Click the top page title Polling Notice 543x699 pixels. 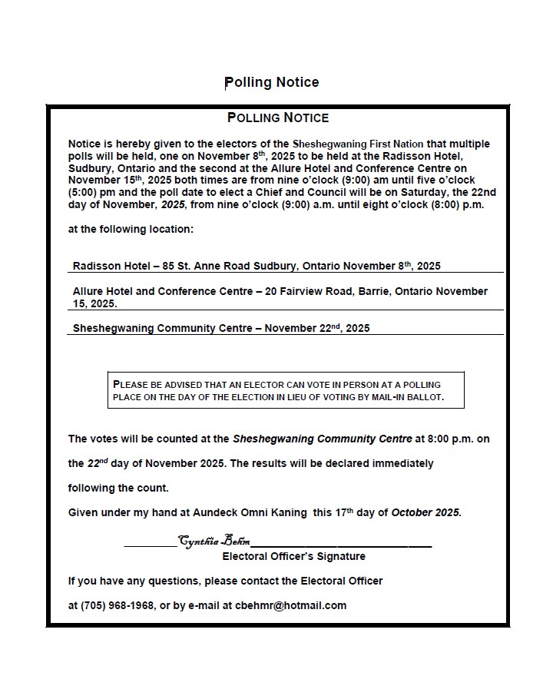pos(271,82)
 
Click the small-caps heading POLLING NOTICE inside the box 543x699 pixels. pos(278,118)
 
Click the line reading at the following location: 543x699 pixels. pos(131,229)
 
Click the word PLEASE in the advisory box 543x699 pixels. pos(134,384)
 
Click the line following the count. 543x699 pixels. pos(118,488)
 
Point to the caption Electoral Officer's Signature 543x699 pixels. pos(293,556)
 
